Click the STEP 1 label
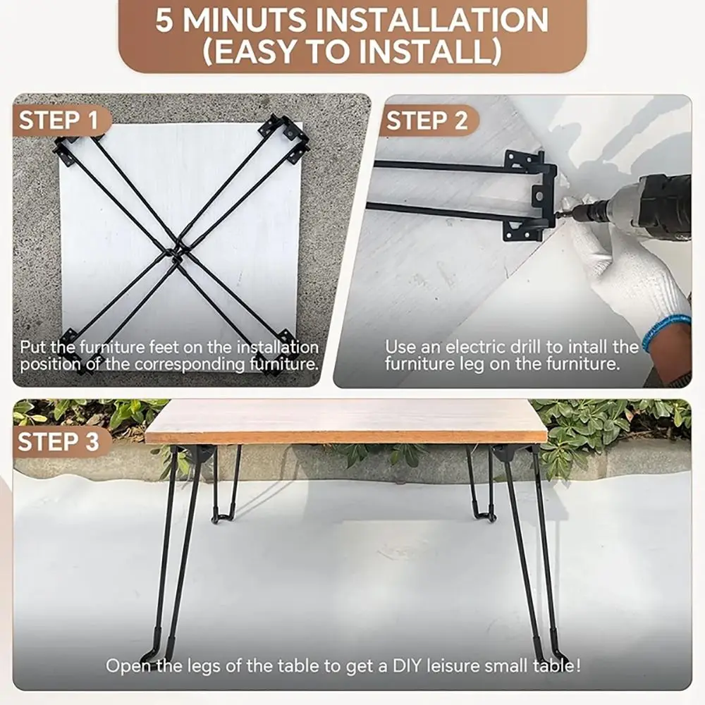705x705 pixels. (59, 121)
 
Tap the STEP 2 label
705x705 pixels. (427, 121)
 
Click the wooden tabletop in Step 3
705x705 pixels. (345, 421)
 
